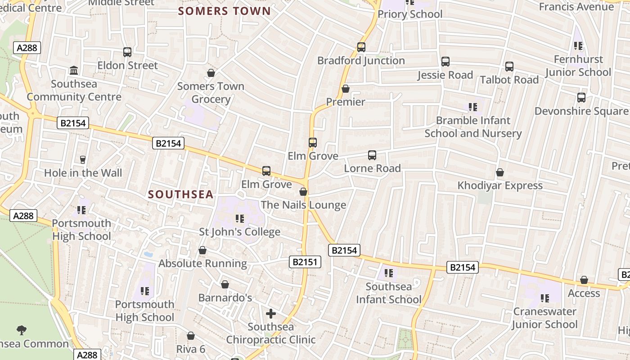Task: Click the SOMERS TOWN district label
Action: pyautogui.click(x=225, y=11)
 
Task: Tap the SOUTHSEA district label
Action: pyautogui.click(x=180, y=194)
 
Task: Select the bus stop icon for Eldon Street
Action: pyautogui.click(x=127, y=52)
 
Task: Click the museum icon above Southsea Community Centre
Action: pyautogui.click(x=74, y=71)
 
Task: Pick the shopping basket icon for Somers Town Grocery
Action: pyautogui.click(x=211, y=73)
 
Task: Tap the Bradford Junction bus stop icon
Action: pyautogui.click(x=361, y=47)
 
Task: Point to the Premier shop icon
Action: pyautogui.click(x=346, y=89)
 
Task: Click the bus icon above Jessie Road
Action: pyautogui.click(x=445, y=62)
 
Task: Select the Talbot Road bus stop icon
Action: pyautogui.click(x=509, y=67)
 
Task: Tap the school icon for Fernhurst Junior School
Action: pyautogui.click(x=578, y=46)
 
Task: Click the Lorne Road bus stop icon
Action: pyautogui.click(x=372, y=155)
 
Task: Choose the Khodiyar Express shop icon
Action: pyautogui.click(x=499, y=172)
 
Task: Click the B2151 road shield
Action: pyautogui.click(x=305, y=262)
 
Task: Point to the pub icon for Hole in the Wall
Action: pyautogui.click(x=83, y=159)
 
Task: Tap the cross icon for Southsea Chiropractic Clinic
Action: pyautogui.click(x=271, y=313)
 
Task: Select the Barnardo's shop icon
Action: pyautogui.click(x=225, y=284)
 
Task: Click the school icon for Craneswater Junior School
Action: pyautogui.click(x=545, y=298)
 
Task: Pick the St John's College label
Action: pyautogui.click(x=239, y=232)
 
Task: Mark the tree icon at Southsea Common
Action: pyautogui.click(x=21, y=330)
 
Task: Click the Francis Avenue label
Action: pyautogui.click(x=576, y=6)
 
